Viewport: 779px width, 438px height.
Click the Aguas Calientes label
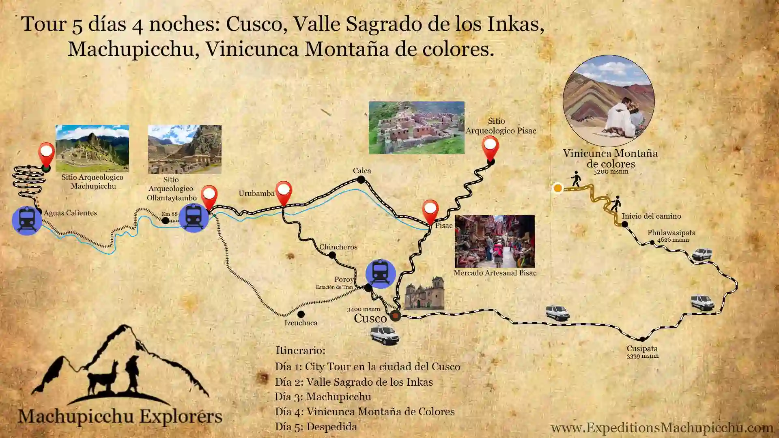pyautogui.click(x=70, y=213)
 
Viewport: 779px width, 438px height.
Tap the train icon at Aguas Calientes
pyautogui.click(x=27, y=220)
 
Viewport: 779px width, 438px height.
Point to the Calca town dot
pyautogui.click(x=361, y=179)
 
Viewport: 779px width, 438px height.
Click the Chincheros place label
pyautogui.click(x=338, y=247)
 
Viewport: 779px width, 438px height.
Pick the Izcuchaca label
pyautogui.click(x=301, y=323)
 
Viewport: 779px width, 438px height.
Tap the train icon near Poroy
pyautogui.click(x=381, y=274)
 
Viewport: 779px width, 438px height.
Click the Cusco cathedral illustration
pyautogui.click(x=424, y=293)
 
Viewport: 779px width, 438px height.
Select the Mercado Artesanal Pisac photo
pyautogui.click(x=495, y=241)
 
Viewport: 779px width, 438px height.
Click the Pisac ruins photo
pyautogui.click(x=416, y=128)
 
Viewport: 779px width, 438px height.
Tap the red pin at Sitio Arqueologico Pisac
pyautogui.click(x=490, y=148)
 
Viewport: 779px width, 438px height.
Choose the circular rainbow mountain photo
pyautogui.click(x=608, y=101)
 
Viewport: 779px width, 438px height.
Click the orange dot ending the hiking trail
pyautogui.click(x=558, y=188)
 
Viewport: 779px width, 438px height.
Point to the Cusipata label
pyautogui.click(x=642, y=349)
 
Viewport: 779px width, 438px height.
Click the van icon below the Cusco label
pyautogui.click(x=384, y=335)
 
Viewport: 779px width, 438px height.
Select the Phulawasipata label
pyautogui.click(x=671, y=233)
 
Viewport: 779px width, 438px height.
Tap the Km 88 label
pyautogui.click(x=170, y=214)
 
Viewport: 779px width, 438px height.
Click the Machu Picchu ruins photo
pyautogui.click(x=92, y=148)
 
